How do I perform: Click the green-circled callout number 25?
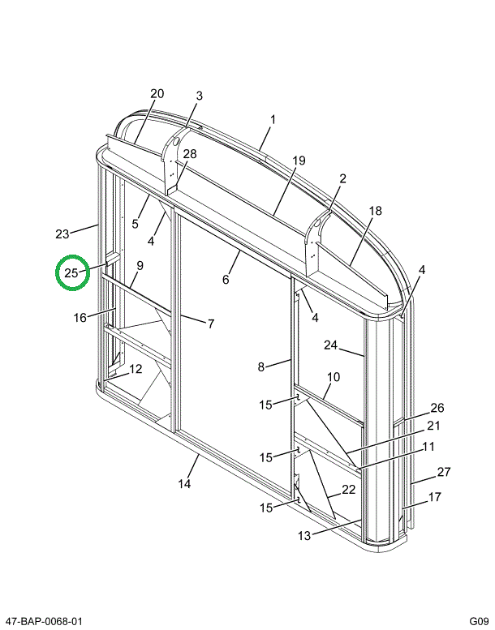tap(71, 273)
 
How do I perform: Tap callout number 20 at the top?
tap(157, 94)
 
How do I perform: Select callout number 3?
tap(199, 96)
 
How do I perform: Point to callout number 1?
tap(273, 119)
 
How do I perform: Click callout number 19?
tap(299, 161)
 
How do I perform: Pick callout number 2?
tap(342, 179)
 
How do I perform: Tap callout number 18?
tap(374, 211)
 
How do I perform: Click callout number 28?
tap(189, 154)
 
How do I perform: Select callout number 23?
tap(62, 234)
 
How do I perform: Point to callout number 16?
tap(80, 317)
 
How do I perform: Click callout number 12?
tap(135, 369)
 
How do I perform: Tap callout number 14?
tap(184, 484)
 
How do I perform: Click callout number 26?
tap(437, 408)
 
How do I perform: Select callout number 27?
tap(443, 472)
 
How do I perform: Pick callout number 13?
tap(304, 535)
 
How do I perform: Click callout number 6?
tap(226, 280)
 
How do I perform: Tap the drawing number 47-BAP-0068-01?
tap(42, 621)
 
